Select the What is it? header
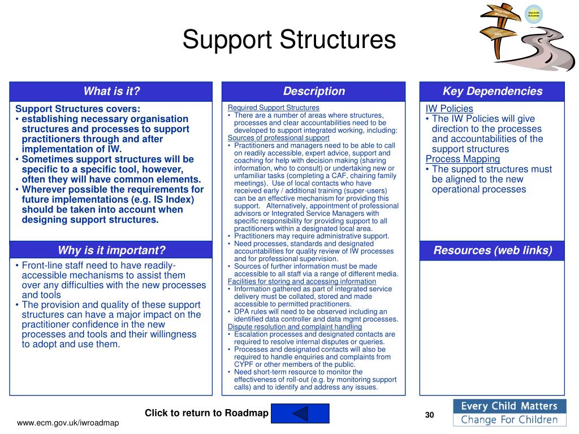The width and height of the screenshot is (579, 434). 111,92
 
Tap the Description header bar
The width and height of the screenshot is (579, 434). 314,92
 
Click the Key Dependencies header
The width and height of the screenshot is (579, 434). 492,92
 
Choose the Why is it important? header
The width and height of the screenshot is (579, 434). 111,250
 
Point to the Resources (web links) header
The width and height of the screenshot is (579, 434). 492,250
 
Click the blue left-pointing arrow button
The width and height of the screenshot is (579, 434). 300,414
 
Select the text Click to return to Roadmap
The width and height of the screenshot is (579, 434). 206,413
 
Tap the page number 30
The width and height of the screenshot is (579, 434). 429,415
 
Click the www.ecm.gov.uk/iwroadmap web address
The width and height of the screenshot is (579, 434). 68,423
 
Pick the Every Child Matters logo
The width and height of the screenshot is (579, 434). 508,413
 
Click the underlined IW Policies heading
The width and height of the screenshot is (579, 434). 449,109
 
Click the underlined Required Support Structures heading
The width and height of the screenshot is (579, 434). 273,107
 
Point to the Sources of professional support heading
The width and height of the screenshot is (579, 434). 278,137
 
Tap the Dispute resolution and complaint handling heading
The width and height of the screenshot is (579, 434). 295,327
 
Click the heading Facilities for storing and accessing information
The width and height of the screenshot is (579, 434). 301,281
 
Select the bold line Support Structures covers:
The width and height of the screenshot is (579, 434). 78,109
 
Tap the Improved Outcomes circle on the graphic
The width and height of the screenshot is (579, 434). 533,14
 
